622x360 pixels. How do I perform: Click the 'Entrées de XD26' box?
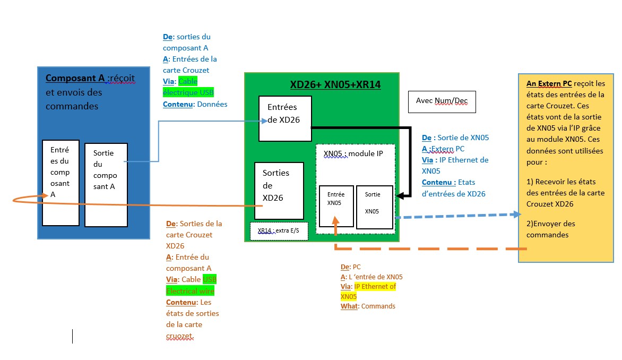pos(285,118)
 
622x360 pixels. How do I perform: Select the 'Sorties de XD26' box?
pos(279,191)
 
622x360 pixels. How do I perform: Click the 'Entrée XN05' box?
pos(336,206)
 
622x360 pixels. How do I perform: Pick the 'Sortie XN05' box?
pos(375,207)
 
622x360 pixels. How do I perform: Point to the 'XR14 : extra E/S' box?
pos(279,231)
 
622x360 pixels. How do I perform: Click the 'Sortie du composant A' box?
pos(106,184)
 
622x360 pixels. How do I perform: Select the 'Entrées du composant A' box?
pos(61,183)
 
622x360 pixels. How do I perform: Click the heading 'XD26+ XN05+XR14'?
pos(335,84)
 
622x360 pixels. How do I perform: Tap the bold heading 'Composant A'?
pos(75,79)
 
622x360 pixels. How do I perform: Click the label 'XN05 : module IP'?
pos(352,153)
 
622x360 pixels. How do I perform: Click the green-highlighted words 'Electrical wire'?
pos(190,291)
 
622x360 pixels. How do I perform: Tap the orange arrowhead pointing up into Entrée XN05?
pos(335,220)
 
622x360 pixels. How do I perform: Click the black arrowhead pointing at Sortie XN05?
pos(401,195)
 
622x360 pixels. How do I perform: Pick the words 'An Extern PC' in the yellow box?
pos(549,84)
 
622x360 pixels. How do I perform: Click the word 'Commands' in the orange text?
pos(378,306)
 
